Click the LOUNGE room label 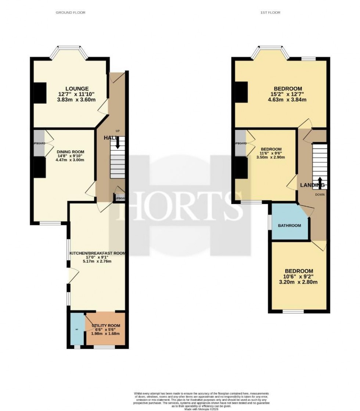77,89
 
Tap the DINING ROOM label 70,152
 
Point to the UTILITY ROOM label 106,326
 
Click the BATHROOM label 289,225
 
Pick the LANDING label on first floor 312,185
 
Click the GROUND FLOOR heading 71,12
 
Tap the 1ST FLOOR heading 270,12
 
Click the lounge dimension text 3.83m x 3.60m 77,100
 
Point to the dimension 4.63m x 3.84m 288,100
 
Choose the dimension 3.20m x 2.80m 298,282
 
